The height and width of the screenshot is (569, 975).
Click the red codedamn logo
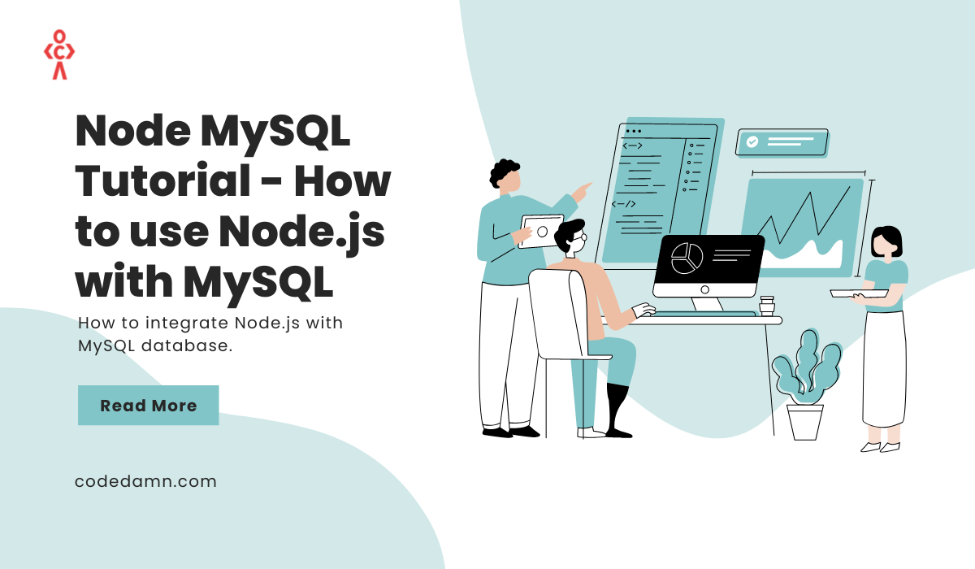(x=58, y=54)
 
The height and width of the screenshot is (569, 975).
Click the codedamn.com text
(x=145, y=481)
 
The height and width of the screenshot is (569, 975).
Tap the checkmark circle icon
(x=752, y=141)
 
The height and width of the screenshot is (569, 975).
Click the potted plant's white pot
(x=805, y=422)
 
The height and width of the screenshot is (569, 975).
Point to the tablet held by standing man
(x=541, y=229)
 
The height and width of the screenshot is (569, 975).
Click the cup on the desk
(x=766, y=305)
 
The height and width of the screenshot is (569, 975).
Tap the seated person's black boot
(x=617, y=410)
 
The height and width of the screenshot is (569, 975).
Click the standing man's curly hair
(x=505, y=173)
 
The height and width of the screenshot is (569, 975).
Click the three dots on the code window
(x=634, y=131)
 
